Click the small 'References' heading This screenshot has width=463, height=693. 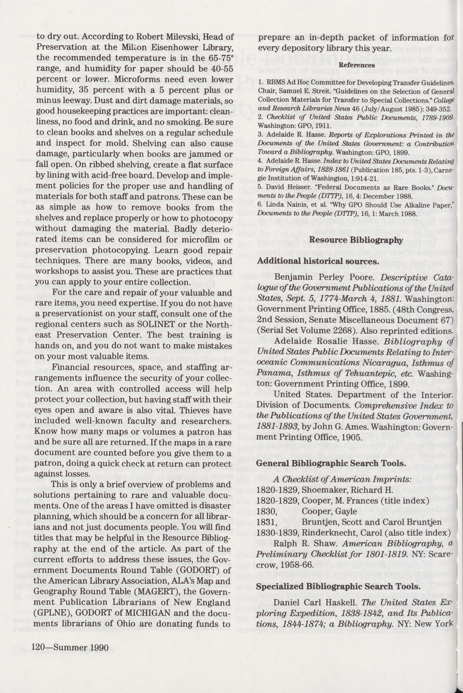pyautogui.click(x=357, y=65)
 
